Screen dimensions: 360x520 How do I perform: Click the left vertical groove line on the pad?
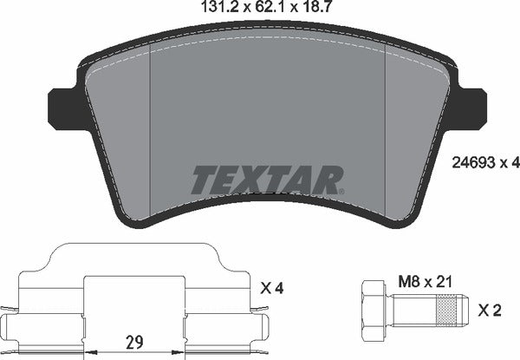(x=152, y=130)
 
